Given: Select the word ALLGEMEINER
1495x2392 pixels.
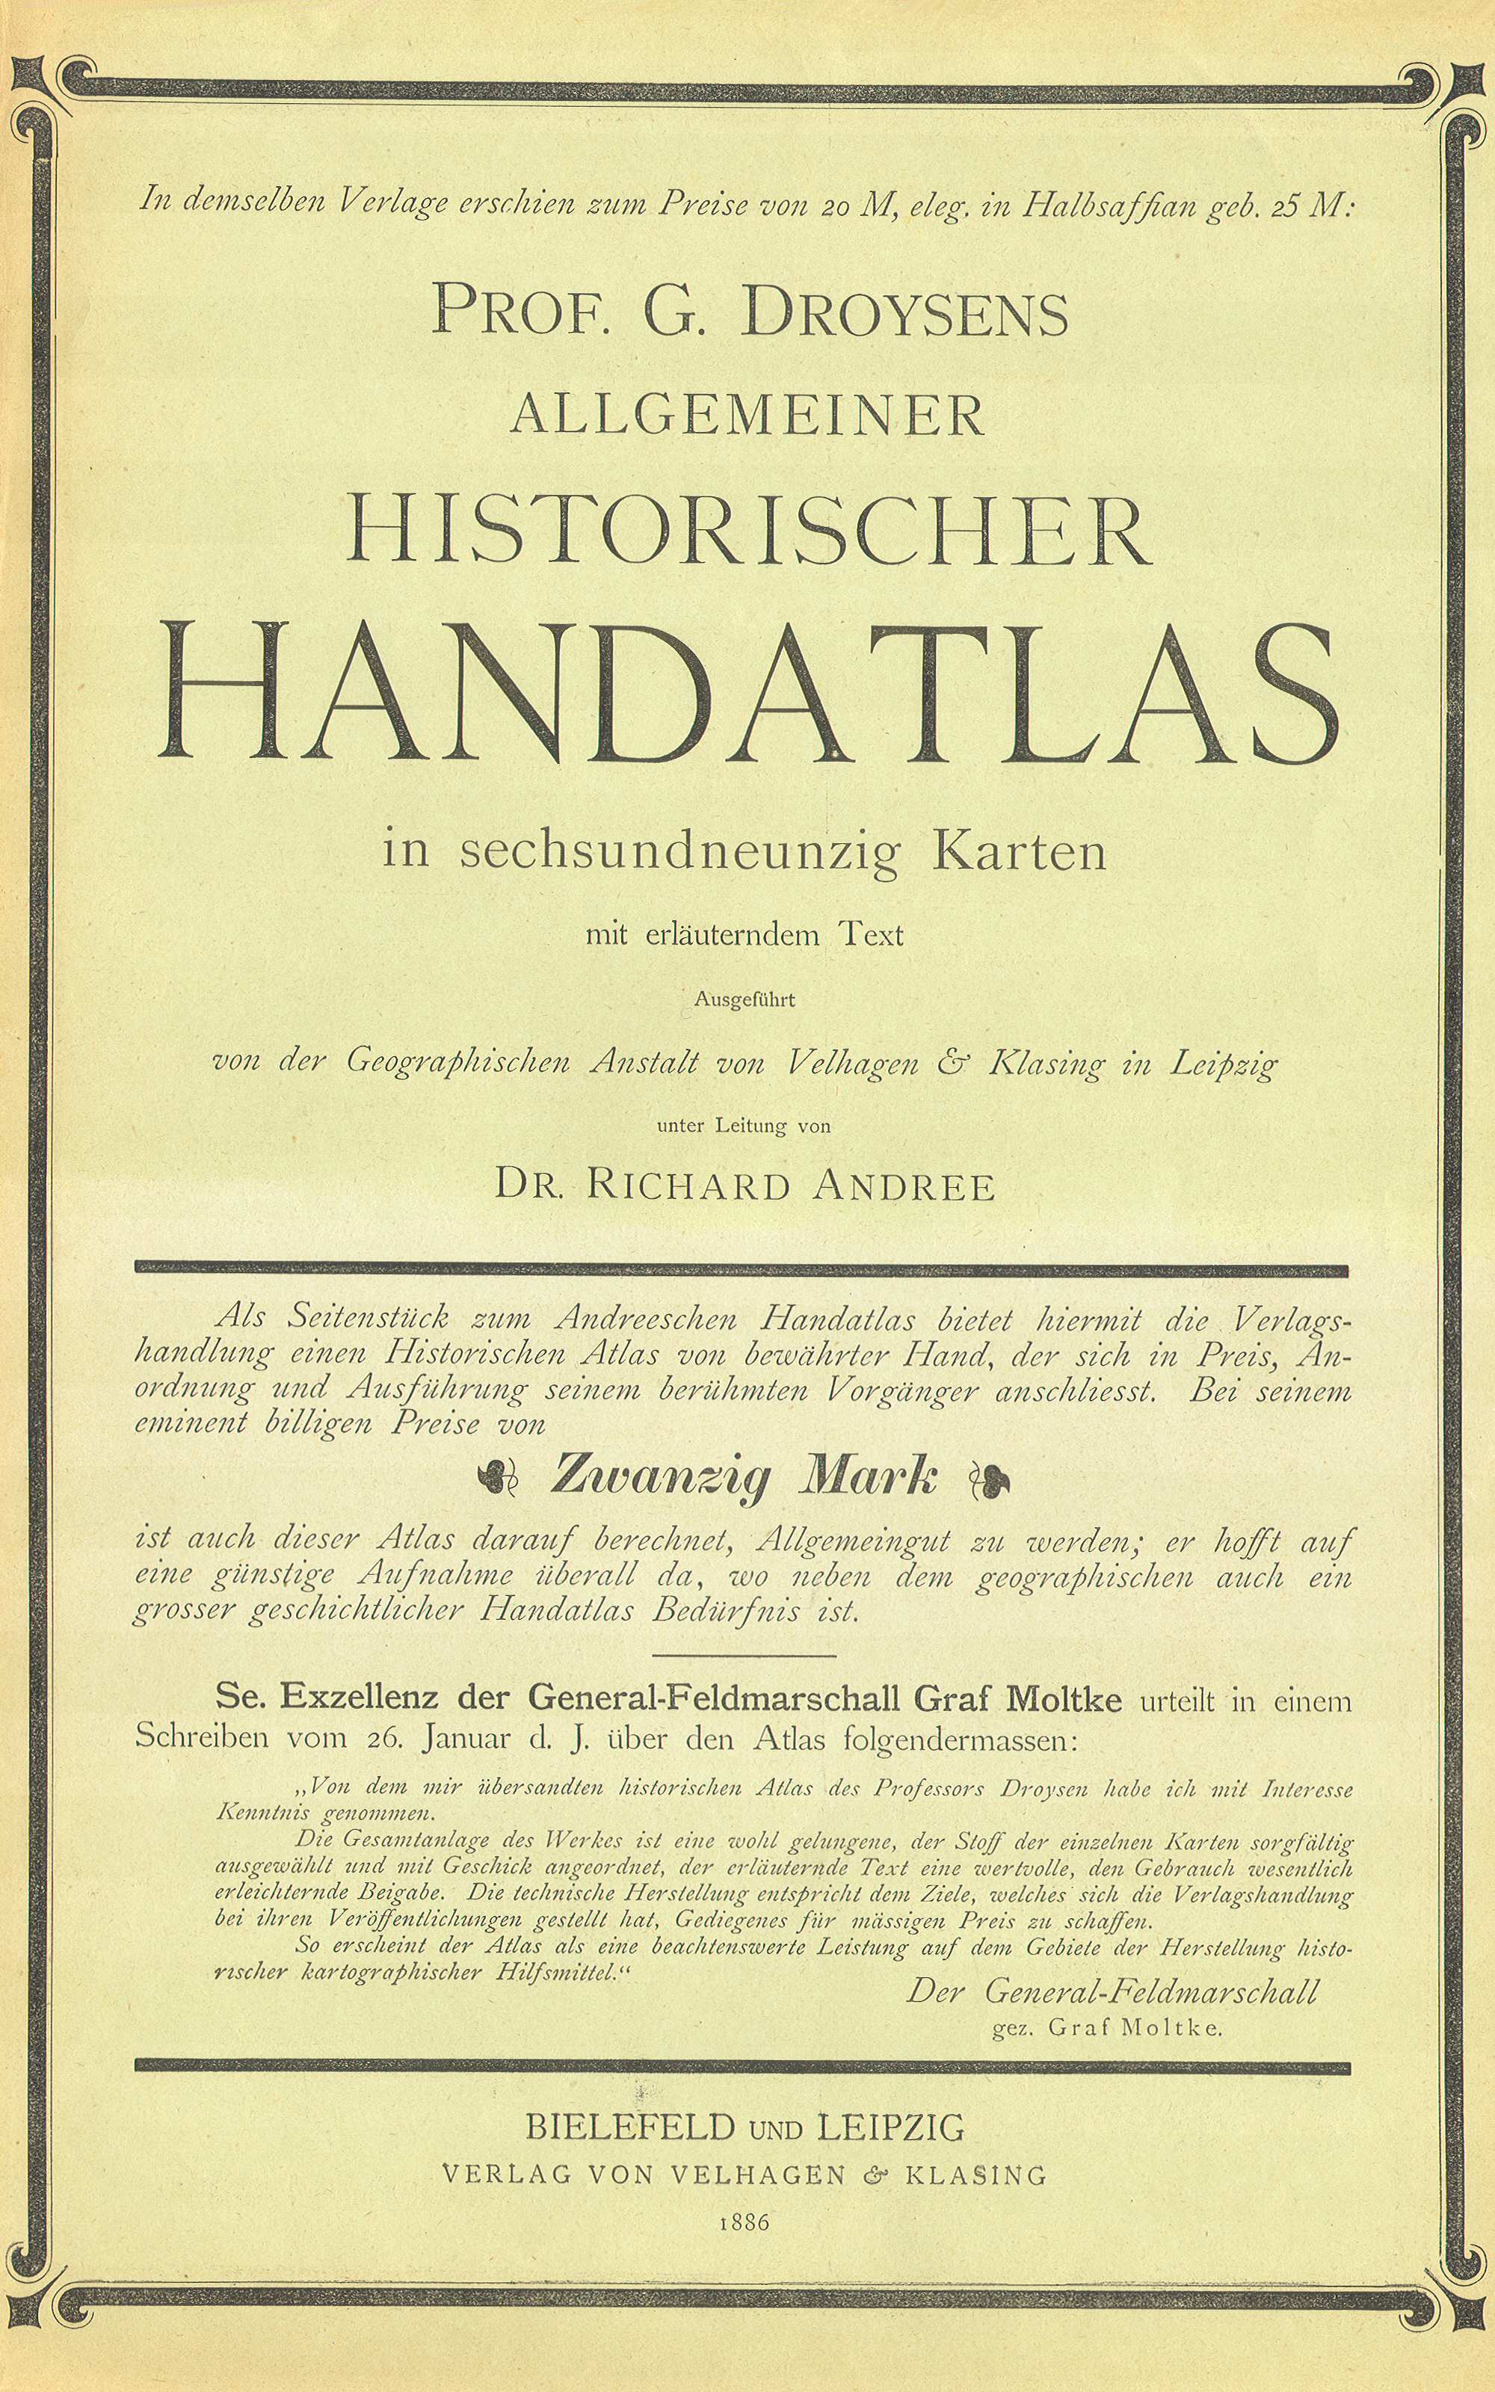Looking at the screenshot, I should point(747,415).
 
